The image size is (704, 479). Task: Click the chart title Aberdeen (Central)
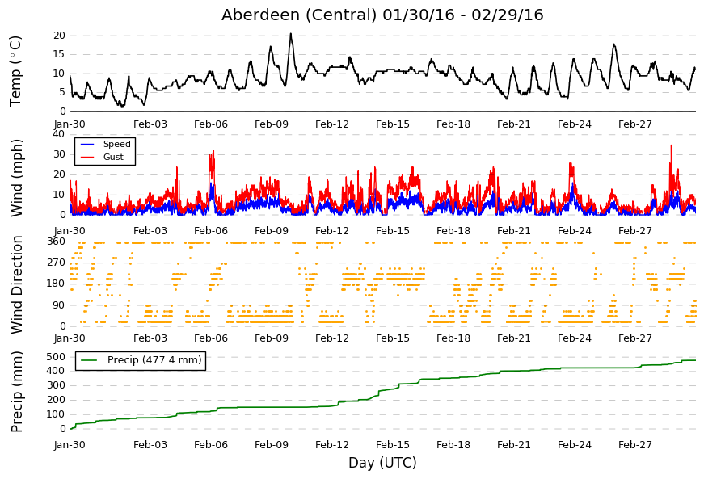pyautogui.click(x=299, y=15)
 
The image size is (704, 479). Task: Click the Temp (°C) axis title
pyautogui.click(x=15, y=71)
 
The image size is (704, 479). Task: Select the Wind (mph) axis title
pyautogui.click(x=16, y=178)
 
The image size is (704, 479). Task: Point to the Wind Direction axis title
pyautogui.click(x=16, y=284)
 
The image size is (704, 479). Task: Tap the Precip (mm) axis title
pyautogui.click(x=16, y=392)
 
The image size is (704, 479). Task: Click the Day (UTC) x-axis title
pyautogui.click(x=382, y=462)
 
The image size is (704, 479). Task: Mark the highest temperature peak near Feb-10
pyautogui.click(x=290, y=34)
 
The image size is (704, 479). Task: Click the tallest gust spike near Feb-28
pyautogui.click(x=671, y=145)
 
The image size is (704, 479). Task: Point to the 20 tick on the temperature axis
pyautogui.click(x=59, y=36)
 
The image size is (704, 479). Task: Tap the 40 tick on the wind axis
pyautogui.click(x=59, y=133)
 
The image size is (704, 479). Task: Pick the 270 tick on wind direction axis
pyautogui.click(x=57, y=263)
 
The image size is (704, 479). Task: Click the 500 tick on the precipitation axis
pyautogui.click(x=57, y=357)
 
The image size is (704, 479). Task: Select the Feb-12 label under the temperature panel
pyautogui.click(x=332, y=124)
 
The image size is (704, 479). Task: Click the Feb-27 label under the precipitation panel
pyautogui.click(x=634, y=445)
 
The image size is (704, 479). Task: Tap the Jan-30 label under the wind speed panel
pyautogui.click(x=70, y=231)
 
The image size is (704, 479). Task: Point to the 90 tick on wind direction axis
pyautogui.click(x=59, y=305)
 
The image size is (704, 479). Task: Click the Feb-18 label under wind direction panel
pyautogui.click(x=453, y=338)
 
